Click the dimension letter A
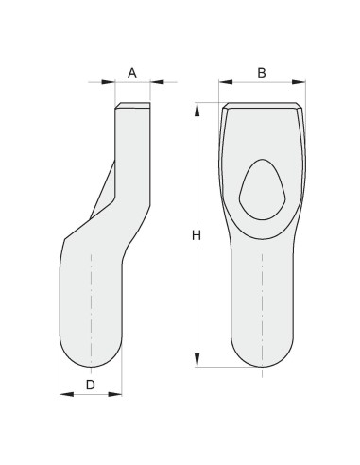[x=132, y=72]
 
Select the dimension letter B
[x=262, y=72]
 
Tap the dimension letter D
[x=91, y=385]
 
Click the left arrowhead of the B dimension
[x=223, y=84]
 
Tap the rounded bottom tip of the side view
[x=91, y=363]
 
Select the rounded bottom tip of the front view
[x=262, y=363]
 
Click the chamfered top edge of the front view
[x=262, y=106]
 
